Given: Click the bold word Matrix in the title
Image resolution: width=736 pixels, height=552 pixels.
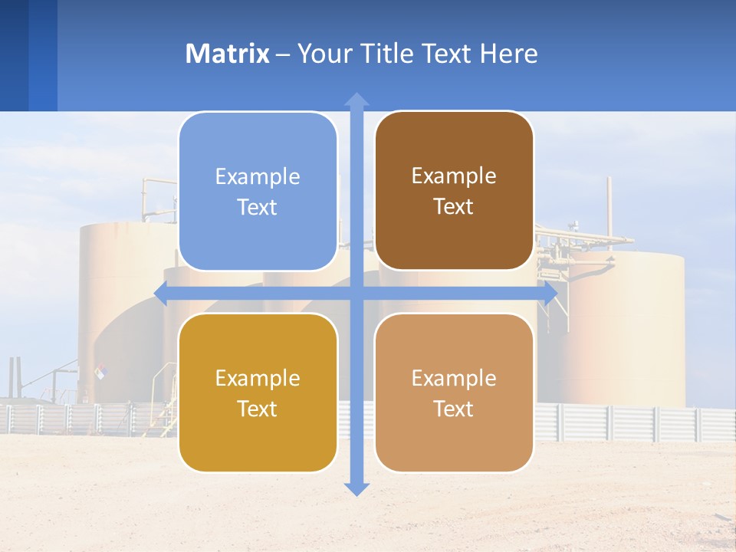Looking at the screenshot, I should [x=228, y=54].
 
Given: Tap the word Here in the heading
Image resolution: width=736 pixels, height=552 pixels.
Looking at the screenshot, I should [x=508, y=54].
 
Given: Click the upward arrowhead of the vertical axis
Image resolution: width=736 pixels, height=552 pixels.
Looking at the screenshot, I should [x=356, y=100].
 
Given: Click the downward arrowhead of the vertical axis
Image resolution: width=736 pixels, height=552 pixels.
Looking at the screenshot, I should [x=356, y=488].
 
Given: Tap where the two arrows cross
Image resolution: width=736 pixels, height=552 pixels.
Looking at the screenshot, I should [x=356, y=294].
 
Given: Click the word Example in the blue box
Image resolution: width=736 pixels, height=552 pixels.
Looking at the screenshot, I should [x=258, y=176].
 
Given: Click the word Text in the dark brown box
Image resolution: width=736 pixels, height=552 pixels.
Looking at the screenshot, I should [x=454, y=207].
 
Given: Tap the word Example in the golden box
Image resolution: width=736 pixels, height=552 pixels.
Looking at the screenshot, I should [x=258, y=378].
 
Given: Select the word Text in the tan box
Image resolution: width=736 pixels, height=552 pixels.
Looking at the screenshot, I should [x=454, y=409].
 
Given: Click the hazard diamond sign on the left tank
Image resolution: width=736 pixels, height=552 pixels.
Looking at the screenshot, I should [x=100, y=372].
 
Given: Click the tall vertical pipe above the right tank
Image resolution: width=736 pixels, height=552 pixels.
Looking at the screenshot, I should [x=609, y=207].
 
